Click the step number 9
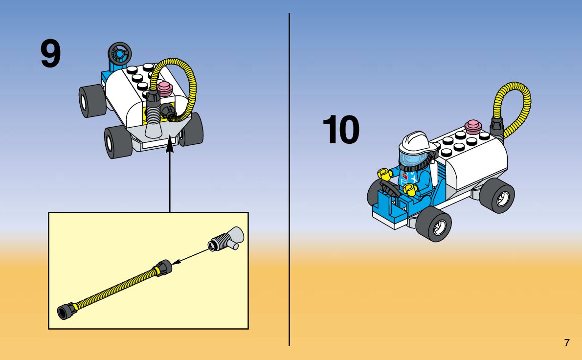click(51, 54)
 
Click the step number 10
click(341, 130)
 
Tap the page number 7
click(567, 342)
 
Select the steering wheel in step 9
click(119, 51)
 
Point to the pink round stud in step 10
click(473, 126)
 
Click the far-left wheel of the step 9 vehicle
click(90, 100)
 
